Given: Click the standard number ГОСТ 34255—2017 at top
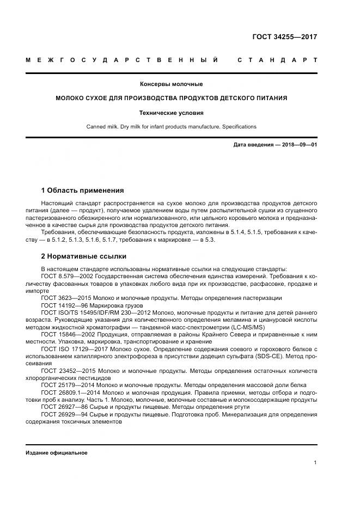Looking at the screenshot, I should (285, 38).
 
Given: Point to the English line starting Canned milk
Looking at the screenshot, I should (171, 126).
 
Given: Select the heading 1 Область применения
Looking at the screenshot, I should (82, 191).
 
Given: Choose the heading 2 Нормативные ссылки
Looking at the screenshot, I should (83, 256).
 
